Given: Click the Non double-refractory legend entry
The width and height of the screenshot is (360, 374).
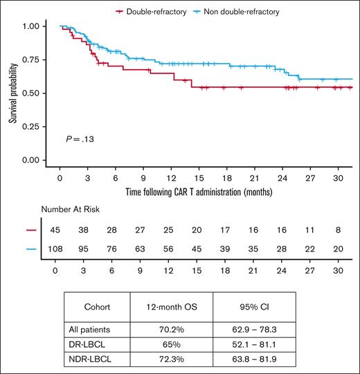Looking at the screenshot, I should click(240, 12).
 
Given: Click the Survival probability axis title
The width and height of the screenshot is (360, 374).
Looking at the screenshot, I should click(13, 93).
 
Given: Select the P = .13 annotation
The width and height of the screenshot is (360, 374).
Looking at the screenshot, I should click(79, 139).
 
